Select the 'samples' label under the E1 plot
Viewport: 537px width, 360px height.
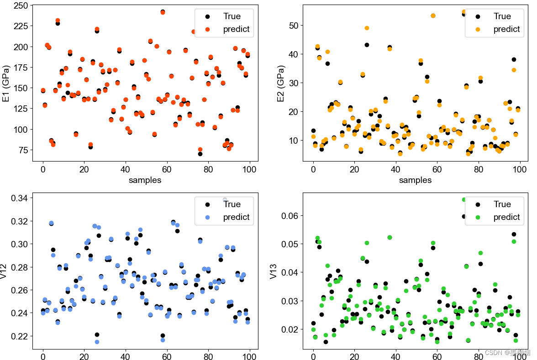(145, 180)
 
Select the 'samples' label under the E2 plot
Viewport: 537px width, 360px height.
(415, 180)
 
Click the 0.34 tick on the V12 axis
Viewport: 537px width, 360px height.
(18, 198)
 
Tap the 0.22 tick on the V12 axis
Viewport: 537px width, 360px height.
(18, 336)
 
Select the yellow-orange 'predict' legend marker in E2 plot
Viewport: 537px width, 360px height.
(478, 29)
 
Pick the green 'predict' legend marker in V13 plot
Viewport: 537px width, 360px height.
(478, 217)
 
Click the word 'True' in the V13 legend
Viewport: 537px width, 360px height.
(502, 204)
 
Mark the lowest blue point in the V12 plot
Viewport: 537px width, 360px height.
(97, 342)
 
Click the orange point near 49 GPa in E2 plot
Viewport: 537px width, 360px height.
(367, 28)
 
